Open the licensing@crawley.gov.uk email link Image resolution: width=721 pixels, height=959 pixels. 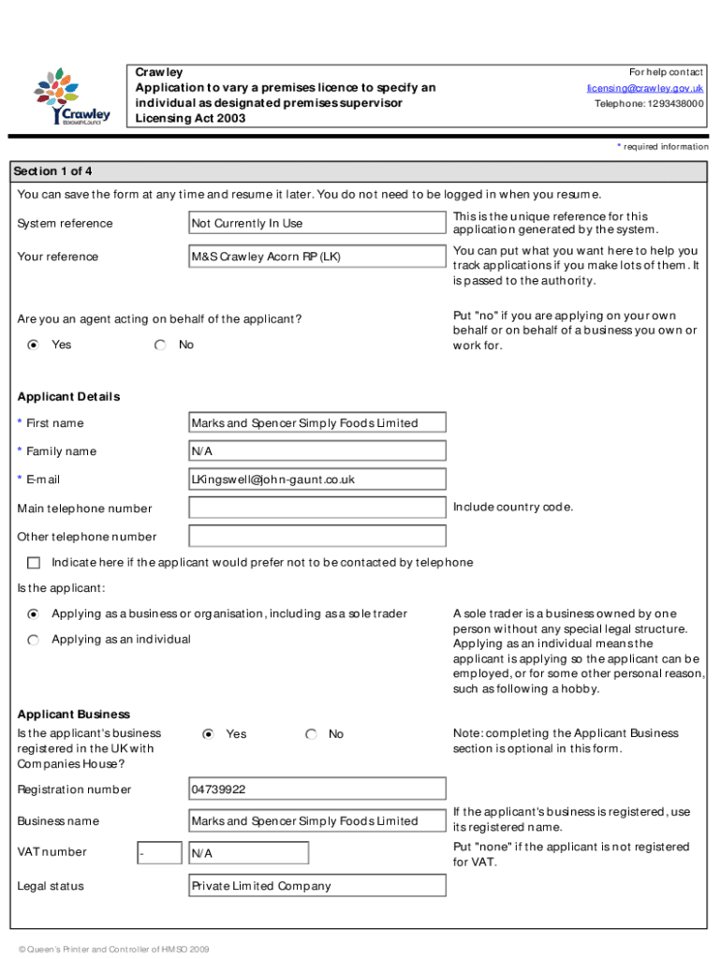point(645,88)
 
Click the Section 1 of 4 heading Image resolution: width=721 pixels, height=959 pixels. point(52,171)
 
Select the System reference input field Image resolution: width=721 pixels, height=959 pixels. point(316,223)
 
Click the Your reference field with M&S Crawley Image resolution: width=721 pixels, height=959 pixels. point(316,257)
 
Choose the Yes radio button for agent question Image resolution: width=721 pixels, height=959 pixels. point(34,345)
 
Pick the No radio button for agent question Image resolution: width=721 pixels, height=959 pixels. point(161,345)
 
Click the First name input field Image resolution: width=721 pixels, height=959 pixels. point(316,423)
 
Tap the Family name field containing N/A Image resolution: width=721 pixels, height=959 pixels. point(316,451)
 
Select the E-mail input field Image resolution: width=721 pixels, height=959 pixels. point(316,479)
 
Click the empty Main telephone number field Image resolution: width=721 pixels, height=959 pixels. point(316,509)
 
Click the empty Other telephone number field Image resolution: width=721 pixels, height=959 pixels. point(316,537)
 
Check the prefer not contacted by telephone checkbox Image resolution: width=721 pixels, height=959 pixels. point(35,563)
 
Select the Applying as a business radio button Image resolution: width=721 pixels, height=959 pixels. point(34,614)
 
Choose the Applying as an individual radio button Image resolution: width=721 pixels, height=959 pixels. point(34,640)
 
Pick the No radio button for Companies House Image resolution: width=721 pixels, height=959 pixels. point(311,734)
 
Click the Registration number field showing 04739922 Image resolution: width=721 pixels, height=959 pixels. point(316,789)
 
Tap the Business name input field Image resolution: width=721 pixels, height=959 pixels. point(316,821)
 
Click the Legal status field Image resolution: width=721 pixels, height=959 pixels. point(316,886)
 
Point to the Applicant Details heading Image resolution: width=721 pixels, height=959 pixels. point(69,397)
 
